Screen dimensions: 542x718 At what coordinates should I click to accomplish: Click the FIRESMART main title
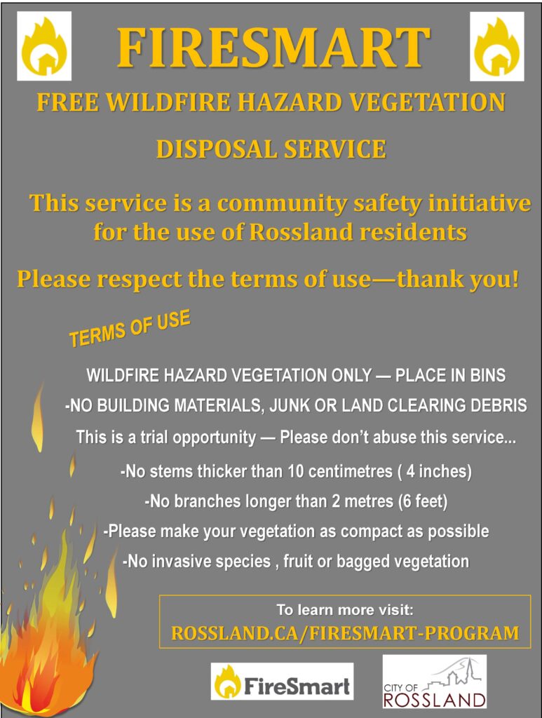click(273, 48)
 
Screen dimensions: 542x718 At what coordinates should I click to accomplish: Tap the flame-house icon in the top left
click(44, 46)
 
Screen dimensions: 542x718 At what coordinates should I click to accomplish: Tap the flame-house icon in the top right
click(496, 46)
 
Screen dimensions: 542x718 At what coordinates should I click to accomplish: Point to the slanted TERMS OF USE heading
click(130, 328)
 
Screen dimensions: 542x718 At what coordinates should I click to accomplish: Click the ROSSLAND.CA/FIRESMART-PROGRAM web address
click(345, 633)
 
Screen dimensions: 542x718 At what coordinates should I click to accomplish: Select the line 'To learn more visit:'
click(345, 610)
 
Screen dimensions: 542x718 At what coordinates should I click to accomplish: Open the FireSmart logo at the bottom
click(282, 682)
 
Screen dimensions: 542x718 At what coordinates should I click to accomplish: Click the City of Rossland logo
click(435, 682)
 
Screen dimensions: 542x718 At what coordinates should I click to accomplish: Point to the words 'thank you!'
click(459, 279)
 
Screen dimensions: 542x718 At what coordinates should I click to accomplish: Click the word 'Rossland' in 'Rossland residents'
click(301, 232)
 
